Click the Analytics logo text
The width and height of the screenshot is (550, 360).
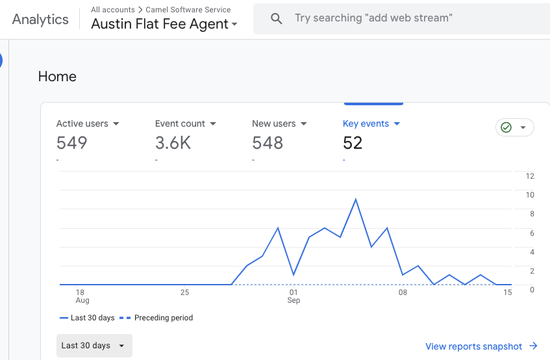tap(40, 19)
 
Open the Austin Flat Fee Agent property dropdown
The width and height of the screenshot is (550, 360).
tap(164, 25)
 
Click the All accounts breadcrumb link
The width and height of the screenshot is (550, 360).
tap(112, 10)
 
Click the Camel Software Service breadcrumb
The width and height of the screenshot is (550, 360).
tap(188, 10)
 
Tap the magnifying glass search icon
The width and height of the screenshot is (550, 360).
tap(277, 19)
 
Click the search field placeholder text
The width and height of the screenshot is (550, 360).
tap(373, 18)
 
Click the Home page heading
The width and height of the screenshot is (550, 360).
tap(57, 77)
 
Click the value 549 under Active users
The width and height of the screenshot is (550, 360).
tap(71, 143)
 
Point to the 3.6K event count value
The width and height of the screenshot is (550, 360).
tap(173, 143)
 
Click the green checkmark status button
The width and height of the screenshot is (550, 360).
tap(514, 127)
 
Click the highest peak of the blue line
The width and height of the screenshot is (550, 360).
tap(355, 199)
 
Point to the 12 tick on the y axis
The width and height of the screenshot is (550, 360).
tap(530, 176)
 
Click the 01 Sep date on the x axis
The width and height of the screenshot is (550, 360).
tap(294, 296)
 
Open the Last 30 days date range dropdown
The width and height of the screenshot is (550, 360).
tap(94, 346)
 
